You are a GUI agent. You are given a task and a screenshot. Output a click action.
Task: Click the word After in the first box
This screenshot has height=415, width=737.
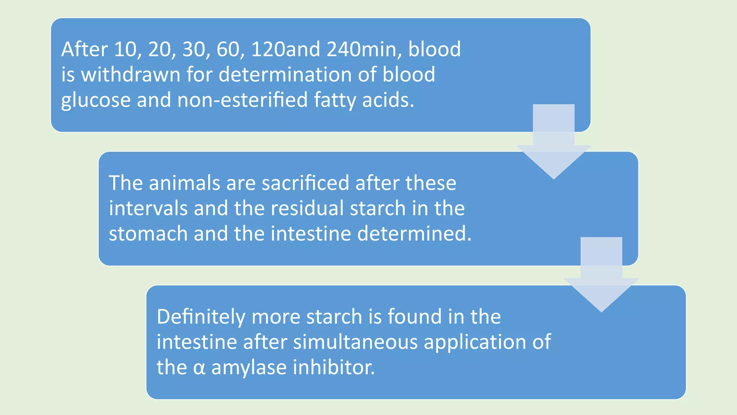(84, 49)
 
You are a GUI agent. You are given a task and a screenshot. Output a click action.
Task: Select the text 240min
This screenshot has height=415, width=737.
(364, 49)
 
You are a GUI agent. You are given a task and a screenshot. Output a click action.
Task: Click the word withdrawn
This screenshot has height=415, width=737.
(131, 75)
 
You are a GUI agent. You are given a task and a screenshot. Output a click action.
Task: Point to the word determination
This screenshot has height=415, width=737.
(285, 75)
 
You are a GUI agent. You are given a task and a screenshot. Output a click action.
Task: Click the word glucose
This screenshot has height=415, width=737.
(96, 100)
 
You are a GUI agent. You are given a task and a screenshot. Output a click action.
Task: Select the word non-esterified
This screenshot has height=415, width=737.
(242, 100)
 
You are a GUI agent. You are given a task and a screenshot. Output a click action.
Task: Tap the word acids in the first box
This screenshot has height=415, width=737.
(388, 100)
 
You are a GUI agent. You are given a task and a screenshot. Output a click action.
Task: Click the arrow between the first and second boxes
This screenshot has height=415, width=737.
(553, 144)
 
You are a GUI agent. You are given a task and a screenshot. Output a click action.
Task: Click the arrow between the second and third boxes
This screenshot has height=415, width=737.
(601, 277)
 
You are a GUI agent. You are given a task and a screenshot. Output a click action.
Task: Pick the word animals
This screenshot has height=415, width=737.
(184, 183)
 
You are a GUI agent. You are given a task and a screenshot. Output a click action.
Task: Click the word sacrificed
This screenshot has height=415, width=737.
(305, 183)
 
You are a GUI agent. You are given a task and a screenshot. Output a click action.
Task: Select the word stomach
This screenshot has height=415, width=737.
(148, 233)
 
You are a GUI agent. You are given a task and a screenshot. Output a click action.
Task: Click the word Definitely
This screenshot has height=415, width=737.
(201, 317)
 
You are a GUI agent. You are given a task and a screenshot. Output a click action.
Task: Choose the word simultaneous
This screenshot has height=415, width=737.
(355, 342)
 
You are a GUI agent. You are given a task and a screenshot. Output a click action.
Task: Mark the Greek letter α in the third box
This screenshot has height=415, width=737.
(199, 368)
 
